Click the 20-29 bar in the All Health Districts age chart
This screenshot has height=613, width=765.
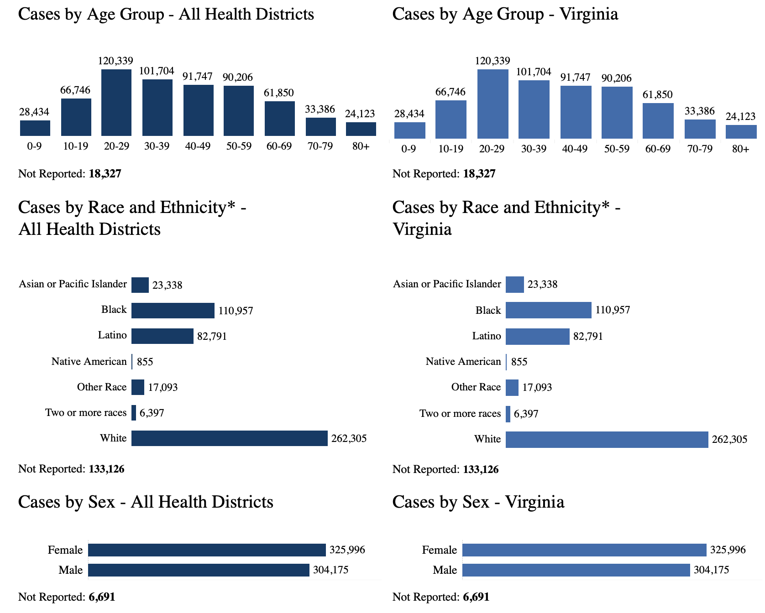click(x=116, y=103)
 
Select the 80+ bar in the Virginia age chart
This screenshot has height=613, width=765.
click(x=741, y=132)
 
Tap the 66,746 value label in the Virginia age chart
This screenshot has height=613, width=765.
click(x=450, y=92)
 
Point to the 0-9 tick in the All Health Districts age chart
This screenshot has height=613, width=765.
click(x=34, y=146)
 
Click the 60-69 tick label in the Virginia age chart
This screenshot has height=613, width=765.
click(x=658, y=149)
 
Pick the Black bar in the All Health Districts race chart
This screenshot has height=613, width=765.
click(x=173, y=311)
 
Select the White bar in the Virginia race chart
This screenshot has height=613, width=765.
click(x=607, y=440)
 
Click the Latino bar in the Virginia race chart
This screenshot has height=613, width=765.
click(x=537, y=337)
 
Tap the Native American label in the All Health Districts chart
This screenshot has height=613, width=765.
click(x=89, y=362)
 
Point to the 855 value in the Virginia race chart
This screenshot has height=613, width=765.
click(x=519, y=362)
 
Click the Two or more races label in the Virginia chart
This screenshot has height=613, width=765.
click(x=460, y=414)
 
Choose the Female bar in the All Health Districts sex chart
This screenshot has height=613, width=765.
click(x=207, y=550)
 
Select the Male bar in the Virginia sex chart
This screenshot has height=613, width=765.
click(x=576, y=570)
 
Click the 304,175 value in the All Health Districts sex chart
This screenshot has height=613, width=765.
click(x=330, y=570)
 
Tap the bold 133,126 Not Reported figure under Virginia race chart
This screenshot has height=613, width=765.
click(x=481, y=469)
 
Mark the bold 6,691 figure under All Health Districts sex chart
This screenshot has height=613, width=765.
click(x=102, y=597)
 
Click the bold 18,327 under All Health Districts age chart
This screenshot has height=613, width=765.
click(x=105, y=174)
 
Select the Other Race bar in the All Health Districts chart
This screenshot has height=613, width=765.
click(x=138, y=387)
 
